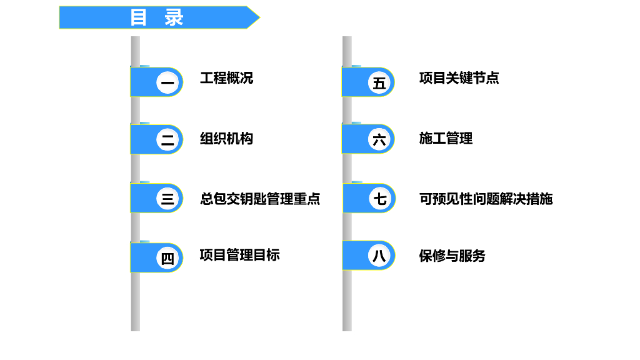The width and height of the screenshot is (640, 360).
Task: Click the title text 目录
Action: pos(157,17)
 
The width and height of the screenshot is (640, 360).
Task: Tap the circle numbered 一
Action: pos(167,82)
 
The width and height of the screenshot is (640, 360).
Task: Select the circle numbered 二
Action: pos(167,140)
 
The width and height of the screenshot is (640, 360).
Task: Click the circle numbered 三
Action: pos(167,199)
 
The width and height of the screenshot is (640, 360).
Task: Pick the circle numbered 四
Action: pos(167,257)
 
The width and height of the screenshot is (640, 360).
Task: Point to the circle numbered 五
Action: pos(379,82)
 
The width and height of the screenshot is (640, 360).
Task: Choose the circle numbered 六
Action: pos(379,140)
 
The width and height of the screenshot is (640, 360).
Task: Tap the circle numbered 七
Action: pos(379,199)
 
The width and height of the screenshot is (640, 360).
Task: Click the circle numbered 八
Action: pos(379,256)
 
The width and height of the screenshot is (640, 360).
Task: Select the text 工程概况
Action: pos(226,78)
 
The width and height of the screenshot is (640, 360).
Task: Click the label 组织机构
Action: pos(226,139)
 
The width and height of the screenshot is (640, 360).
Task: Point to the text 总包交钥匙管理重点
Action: pos(260,199)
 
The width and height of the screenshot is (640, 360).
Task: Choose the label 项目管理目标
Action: pos(239,255)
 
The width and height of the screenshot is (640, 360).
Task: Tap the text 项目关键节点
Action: pos(459,78)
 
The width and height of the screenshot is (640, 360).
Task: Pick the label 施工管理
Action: pos(446,139)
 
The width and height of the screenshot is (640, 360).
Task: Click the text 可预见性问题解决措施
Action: pos(486,199)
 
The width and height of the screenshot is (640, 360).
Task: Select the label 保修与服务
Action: pos(452,256)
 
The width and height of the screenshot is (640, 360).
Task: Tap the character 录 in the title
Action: pos(174,17)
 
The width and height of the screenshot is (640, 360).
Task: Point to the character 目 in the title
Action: pos(138,17)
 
